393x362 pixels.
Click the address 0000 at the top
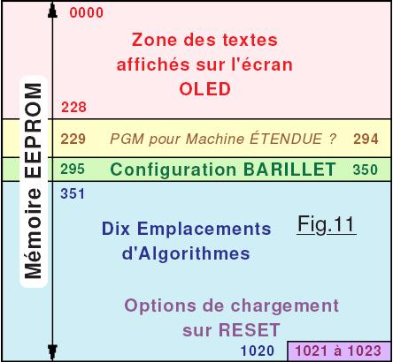click(x=87, y=12)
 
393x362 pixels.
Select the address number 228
click(x=73, y=107)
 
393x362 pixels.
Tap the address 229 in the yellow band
click(x=73, y=139)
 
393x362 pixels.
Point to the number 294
click(x=366, y=139)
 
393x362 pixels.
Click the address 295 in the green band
click(x=73, y=170)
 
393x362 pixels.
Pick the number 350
click(x=366, y=170)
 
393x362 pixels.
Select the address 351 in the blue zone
click(x=73, y=194)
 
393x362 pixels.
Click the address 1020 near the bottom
click(x=258, y=351)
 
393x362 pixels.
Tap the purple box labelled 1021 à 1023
click(x=339, y=351)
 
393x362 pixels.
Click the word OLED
click(x=205, y=89)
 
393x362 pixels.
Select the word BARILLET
click(x=289, y=170)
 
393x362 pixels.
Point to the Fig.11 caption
click(x=326, y=225)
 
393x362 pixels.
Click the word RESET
click(x=249, y=330)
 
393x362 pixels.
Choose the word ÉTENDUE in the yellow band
click(x=286, y=139)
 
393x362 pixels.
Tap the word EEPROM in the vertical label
click(x=33, y=131)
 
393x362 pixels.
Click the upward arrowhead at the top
click(x=52, y=11)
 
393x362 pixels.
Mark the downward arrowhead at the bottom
click(x=52, y=351)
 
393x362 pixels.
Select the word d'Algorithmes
click(x=186, y=253)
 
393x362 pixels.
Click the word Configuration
click(x=173, y=170)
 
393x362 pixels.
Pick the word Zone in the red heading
click(x=154, y=40)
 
